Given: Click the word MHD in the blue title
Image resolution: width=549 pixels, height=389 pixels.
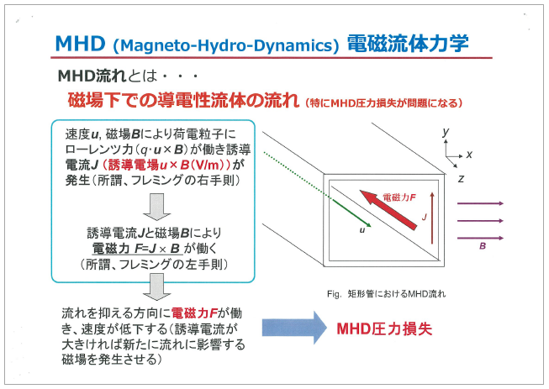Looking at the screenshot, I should point(81,42).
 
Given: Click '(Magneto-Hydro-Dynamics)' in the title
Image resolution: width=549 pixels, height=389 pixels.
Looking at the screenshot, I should point(228,44).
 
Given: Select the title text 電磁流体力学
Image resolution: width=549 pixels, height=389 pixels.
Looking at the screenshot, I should point(407,42).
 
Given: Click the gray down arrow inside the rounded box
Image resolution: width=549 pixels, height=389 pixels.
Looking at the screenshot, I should point(156,204).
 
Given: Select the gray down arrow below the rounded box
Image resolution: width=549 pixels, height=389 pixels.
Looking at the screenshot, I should point(156,288).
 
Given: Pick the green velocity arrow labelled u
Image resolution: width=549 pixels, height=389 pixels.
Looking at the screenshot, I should point(348,213).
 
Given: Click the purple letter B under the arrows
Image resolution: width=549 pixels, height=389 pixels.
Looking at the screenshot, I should point(483,247).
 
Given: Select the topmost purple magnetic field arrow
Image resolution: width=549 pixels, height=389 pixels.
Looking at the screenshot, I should point(479,204).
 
